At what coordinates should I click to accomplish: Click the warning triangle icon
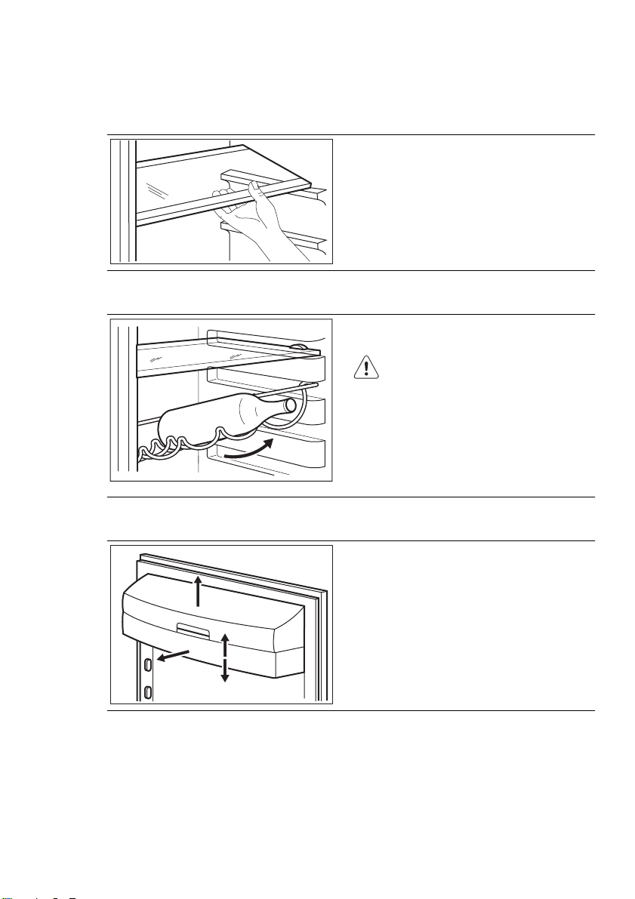(x=365, y=368)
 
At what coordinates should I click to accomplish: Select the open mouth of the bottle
(x=290, y=408)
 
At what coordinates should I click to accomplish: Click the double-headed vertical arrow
(x=224, y=657)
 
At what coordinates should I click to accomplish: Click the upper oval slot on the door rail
(x=148, y=663)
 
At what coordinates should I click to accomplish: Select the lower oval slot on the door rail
(x=148, y=691)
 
